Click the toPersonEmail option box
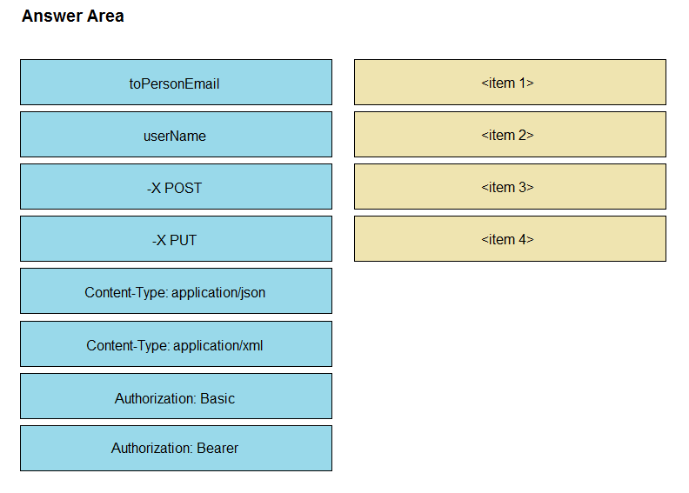[177, 82]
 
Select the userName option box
[177, 134]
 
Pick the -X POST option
[177, 187]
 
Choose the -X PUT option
[177, 239]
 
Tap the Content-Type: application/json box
[177, 291]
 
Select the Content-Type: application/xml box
[177, 343]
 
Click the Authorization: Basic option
[177, 396]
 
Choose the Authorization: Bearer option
[177, 449]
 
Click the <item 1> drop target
[510, 82]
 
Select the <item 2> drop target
[510, 134]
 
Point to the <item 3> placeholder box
[510, 187]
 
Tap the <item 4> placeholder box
[510, 239]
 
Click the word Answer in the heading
[52, 17]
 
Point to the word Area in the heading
[105, 17]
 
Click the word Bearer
[217, 448]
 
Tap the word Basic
[217, 398]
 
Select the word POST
[183, 188]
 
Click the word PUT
[183, 240]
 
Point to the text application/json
[218, 293]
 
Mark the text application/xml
[218, 346]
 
